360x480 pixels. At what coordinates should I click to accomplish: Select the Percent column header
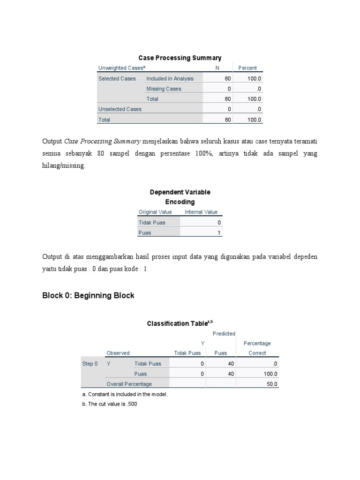pyautogui.click(x=247, y=68)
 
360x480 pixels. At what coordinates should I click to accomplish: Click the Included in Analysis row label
pyautogui.click(x=170, y=78)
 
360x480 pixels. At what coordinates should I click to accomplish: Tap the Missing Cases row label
pyautogui.click(x=164, y=89)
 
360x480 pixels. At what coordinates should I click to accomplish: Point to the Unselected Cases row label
pyautogui.click(x=120, y=109)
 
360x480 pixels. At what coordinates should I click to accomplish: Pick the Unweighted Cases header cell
pyautogui.click(x=120, y=68)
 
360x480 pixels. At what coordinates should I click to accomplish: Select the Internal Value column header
pyautogui.click(x=201, y=212)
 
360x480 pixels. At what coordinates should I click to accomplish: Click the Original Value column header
pyautogui.click(x=155, y=212)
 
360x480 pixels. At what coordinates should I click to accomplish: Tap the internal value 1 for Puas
pyautogui.click(x=219, y=232)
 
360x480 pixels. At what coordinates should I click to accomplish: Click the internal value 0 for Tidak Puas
pyautogui.click(x=219, y=222)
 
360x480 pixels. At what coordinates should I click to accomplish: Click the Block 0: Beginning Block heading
pyautogui.click(x=88, y=295)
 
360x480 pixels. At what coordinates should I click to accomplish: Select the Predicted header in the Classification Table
pyautogui.click(x=224, y=333)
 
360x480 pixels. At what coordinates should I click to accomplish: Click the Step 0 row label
pyautogui.click(x=90, y=363)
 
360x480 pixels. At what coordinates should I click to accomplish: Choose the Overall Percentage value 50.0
pyautogui.click(x=272, y=384)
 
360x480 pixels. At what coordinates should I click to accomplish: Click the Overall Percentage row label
pyautogui.click(x=129, y=384)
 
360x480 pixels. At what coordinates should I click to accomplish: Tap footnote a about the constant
pyautogui.click(x=124, y=394)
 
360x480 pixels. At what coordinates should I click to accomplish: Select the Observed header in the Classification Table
pyautogui.click(x=118, y=353)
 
